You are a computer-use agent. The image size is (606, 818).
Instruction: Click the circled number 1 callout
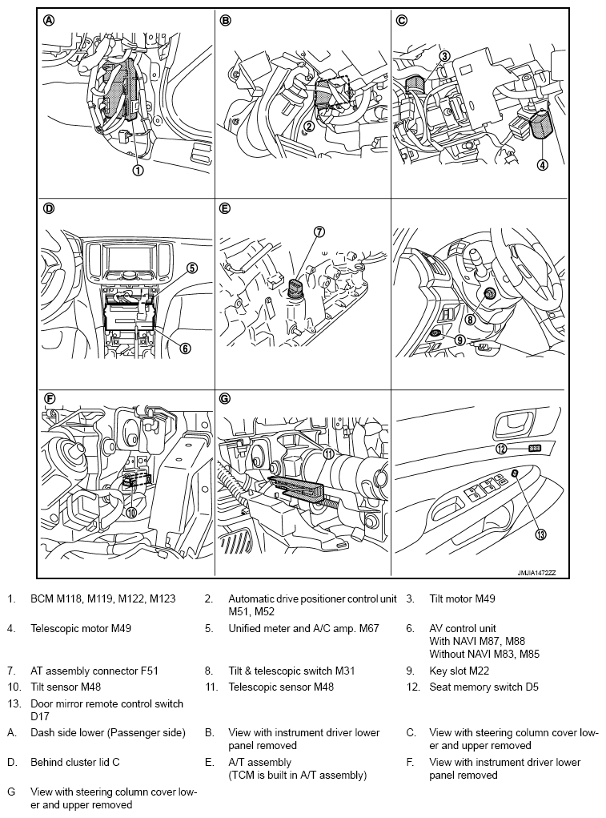tap(138, 170)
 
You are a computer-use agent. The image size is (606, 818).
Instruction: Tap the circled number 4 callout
tap(543, 166)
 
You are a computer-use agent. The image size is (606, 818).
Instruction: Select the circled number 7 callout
tap(319, 232)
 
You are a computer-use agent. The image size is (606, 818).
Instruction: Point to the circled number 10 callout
tap(130, 513)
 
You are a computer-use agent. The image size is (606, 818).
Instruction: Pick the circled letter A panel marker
tap(49, 21)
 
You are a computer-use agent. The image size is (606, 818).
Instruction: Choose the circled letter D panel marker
tap(49, 209)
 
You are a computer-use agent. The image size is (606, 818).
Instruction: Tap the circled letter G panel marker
tap(225, 398)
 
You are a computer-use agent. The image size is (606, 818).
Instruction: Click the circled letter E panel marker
tap(225, 209)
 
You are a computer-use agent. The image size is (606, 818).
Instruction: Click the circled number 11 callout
tap(328, 453)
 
